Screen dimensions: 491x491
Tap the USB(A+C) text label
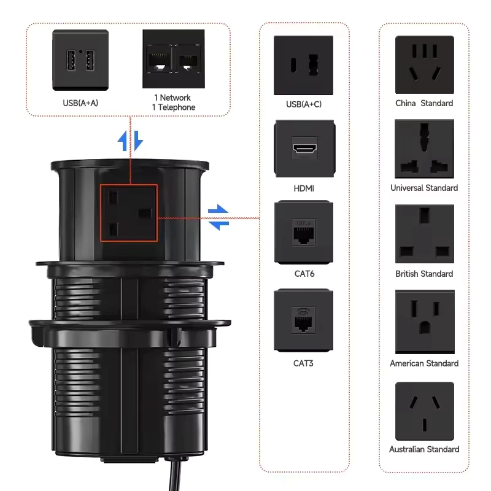pyautogui.click(x=304, y=104)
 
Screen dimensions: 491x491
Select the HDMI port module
pyautogui.click(x=304, y=149)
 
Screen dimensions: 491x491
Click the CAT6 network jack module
pyautogui.click(x=304, y=233)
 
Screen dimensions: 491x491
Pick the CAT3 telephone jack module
pyautogui.click(x=304, y=320)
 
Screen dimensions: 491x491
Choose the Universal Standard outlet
pyautogui.click(x=424, y=149)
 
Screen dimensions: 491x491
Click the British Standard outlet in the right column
pyautogui.click(x=424, y=234)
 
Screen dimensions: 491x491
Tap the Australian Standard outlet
pyautogui.click(x=424, y=411)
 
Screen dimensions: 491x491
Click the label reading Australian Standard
pyautogui.click(x=424, y=449)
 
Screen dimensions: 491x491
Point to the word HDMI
pyautogui.click(x=304, y=188)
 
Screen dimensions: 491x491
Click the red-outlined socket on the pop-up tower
pyautogui.click(x=129, y=213)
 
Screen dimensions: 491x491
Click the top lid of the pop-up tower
pyautogui.click(x=129, y=164)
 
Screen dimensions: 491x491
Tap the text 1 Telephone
pyautogui.click(x=174, y=107)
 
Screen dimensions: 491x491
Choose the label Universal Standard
pyautogui.click(x=424, y=188)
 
